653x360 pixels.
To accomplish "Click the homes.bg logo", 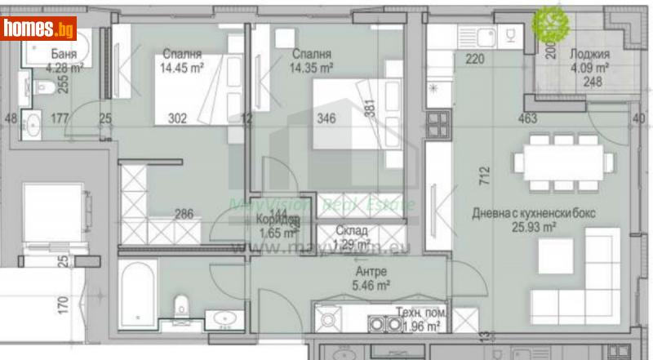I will [39, 29].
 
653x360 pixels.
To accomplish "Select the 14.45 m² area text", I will [182, 69].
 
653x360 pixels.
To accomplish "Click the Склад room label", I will [351, 232].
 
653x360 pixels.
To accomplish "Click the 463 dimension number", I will [527, 119].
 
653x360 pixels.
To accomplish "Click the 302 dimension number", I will [177, 119].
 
